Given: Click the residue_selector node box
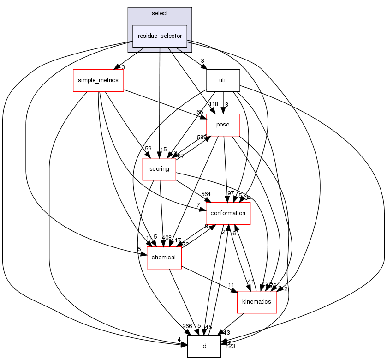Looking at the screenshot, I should [x=160, y=36].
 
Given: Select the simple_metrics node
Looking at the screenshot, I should [x=98, y=80].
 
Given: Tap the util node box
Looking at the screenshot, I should [x=223, y=80].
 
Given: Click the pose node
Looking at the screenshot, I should [x=223, y=125].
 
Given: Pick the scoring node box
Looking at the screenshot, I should [x=159, y=169].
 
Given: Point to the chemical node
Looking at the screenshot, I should [x=164, y=257].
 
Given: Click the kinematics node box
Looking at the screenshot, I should [x=256, y=301].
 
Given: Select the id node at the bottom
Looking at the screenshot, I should [x=204, y=346].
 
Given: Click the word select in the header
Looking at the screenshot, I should [x=160, y=13].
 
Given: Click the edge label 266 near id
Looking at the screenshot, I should [x=187, y=326].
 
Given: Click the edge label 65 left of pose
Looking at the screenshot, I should [x=200, y=112].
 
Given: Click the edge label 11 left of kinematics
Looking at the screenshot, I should [x=232, y=285].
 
